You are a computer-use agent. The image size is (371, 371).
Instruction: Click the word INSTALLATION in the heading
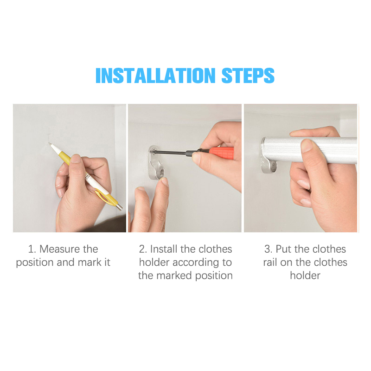[155, 76]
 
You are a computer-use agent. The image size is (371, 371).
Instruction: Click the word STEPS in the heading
[248, 76]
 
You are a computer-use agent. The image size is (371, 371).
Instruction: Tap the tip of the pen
[50, 143]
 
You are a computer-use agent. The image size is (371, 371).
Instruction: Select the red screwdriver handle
[221, 153]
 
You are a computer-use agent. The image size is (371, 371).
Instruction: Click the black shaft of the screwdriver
[171, 153]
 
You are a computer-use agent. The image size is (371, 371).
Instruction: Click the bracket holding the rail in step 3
[269, 156]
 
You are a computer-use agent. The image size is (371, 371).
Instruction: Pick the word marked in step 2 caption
[174, 275]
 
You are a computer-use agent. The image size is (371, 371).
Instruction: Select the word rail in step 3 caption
[270, 262]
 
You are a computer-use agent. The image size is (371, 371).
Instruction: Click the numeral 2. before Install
[143, 249]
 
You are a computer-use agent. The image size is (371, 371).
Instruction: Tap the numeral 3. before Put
[269, 249]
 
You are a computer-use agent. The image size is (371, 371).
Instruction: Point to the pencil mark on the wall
[49, 135]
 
